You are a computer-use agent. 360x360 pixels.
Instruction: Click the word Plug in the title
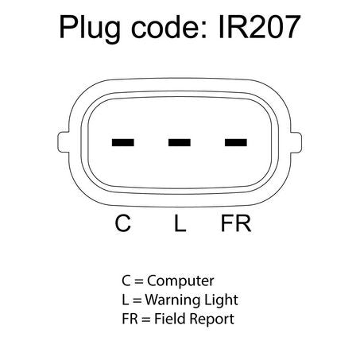pyautogui.click(x=90, y=29)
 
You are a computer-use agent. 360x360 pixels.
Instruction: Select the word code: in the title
pyautogui.click(x=169, y=27)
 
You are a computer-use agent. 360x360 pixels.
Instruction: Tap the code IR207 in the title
pyautogui.click(x=259, y=27)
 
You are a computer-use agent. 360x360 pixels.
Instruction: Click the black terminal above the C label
pyautogui.click(x=123, y=142)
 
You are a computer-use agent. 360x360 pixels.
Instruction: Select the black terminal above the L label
pyautogui.click(x=180, y=142)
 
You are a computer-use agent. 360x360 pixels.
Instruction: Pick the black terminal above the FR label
pyautogui.click(x=236, y=142)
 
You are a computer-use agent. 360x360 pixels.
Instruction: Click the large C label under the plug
pyautogui.click(x=122, y=223)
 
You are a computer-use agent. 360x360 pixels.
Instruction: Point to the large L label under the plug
pyautogui.click(x=180, y=223)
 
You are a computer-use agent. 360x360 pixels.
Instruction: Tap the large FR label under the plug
pyautogui.click(x=236, y=223)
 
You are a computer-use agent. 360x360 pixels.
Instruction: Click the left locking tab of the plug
pyautogui.click(x=63, y=142)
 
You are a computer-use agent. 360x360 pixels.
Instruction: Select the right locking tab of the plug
pyautogui.click(x=296, y=142)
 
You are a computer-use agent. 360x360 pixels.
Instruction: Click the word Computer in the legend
pyautogui.click(x=180, y=281)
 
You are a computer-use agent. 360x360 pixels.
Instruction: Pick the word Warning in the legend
pyautogui.click(x=168, y=300)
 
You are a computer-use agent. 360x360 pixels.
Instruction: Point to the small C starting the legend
pyautogui.click(x=126, y=281)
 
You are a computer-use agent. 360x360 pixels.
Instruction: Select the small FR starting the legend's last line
pyautogui.click(x=130, y=319)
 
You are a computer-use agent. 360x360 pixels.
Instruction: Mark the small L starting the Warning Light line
pyautogui.click(x=125, y=300)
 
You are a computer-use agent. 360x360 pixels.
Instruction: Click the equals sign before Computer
pyautogui.click(x=139, y=281)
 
